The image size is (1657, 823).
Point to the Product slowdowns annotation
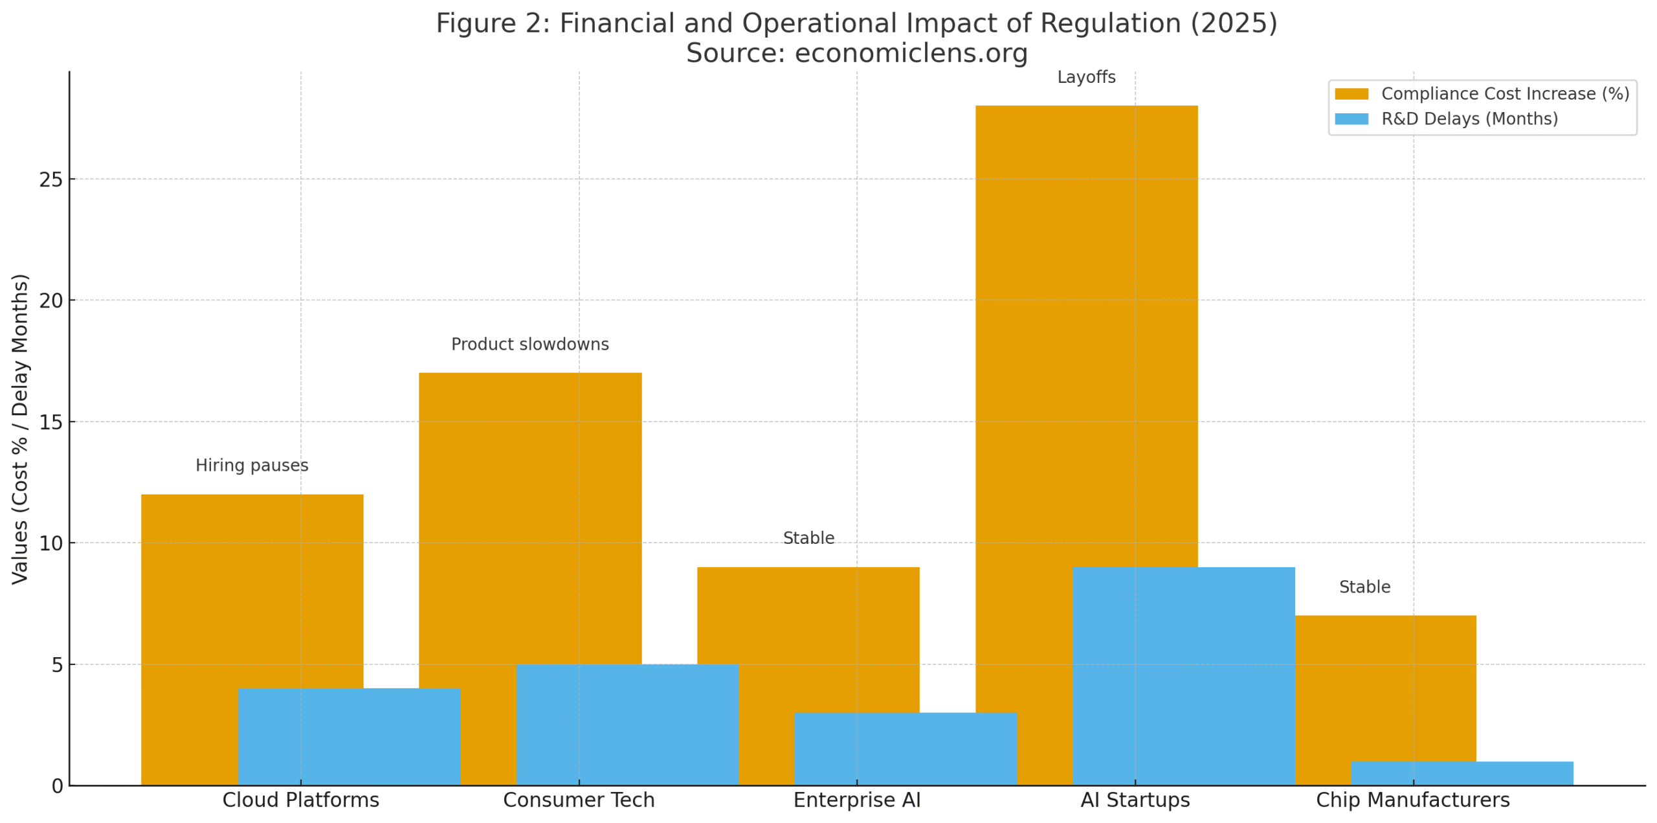point(529,344)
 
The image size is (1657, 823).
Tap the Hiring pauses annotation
point(251,465)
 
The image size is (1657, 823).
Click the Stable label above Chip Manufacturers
point(1363,586)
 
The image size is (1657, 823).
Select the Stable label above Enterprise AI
point(807,537)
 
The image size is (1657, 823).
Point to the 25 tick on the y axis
point(50,179)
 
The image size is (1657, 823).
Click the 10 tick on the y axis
point(50,543)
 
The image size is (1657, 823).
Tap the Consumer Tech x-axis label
point(578,799)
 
